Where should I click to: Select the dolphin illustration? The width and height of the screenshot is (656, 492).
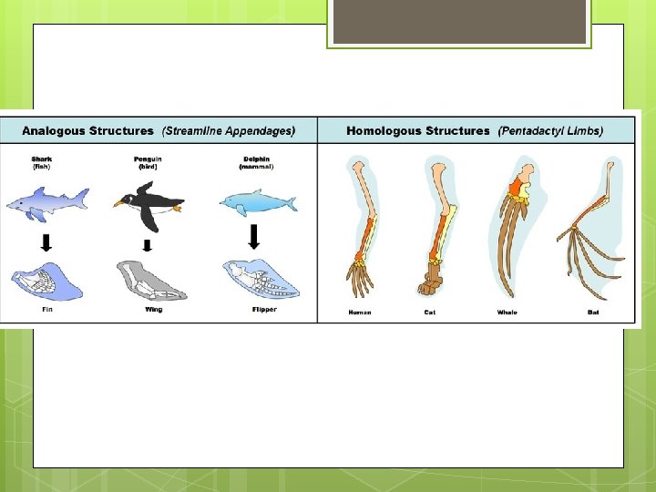coord(259,203)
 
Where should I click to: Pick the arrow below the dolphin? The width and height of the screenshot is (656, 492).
coord(254,238)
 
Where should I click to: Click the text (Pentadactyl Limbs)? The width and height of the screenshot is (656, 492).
coord(550,131)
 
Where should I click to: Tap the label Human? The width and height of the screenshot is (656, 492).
coord(361,313)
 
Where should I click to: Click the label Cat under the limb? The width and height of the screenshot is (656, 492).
coord(431,313)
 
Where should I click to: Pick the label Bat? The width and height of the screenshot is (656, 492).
coord(594,313)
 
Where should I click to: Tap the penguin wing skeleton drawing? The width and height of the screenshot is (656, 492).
coord(151,282)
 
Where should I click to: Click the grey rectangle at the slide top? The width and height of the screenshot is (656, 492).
coord(459,22)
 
